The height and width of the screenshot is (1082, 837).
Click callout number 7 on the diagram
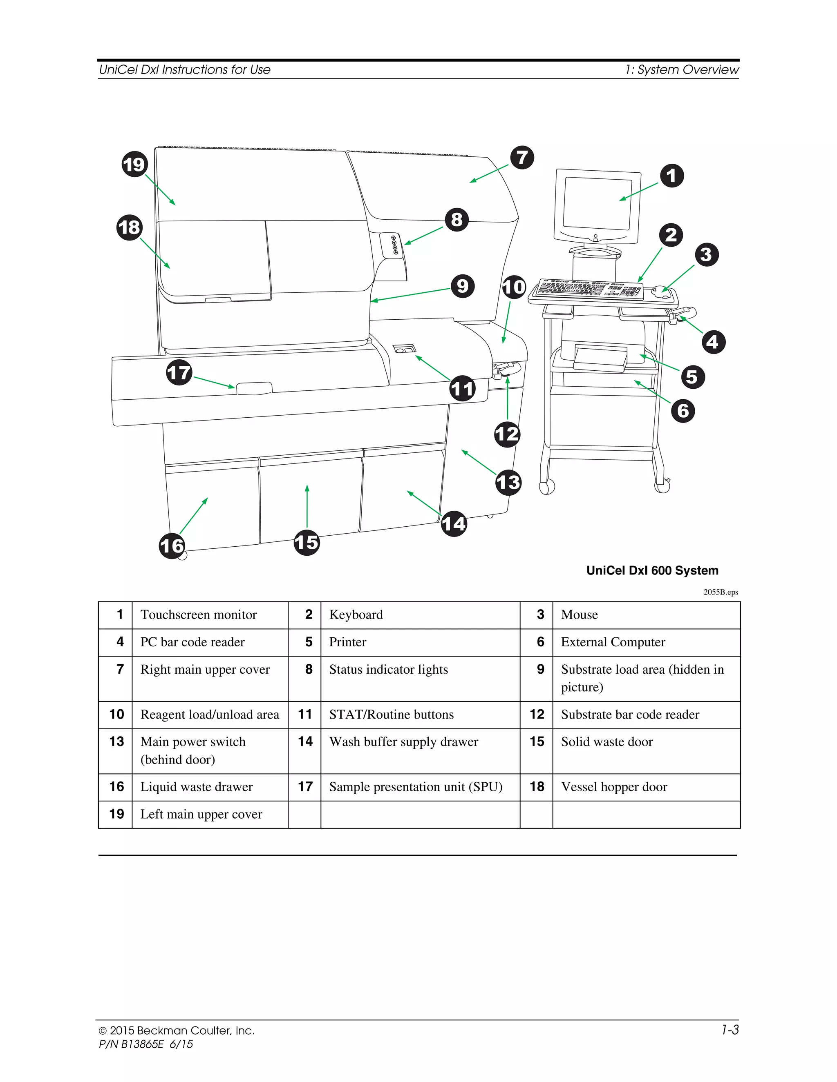tap(521, 158)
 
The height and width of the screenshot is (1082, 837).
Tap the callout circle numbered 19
tap(134, 165)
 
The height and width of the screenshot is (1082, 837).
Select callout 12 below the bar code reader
tap(507, 434)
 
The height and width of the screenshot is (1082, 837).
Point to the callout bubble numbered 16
tap(172, 546)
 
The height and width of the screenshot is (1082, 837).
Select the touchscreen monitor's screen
tap(597, 203)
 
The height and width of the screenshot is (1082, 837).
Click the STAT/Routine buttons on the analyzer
tap(404, 349)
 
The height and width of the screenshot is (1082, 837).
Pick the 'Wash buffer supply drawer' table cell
tap(404, 741)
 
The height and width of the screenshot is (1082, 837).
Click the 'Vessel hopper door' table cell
tap(614, 787)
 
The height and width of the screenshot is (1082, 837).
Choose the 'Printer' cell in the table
tap(348, 642)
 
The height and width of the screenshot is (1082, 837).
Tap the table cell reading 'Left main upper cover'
tap(201, 814)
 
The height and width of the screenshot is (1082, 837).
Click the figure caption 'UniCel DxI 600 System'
tap(652, 570)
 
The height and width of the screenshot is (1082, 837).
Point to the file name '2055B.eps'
tap(721, 592)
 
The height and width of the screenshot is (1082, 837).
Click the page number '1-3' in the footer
tap(730, 1030)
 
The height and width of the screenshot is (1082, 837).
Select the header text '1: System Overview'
tap(682, 70)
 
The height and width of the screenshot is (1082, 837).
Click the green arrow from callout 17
tap(214, 383)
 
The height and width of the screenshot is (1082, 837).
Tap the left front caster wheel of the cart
tap(546, 487)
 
